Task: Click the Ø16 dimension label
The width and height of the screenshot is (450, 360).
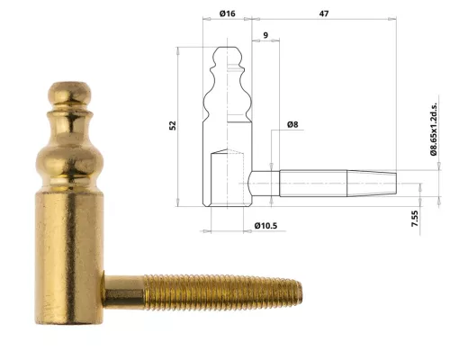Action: click(x=228, y=15)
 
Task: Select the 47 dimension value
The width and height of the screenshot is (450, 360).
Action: click(x=321, y=15)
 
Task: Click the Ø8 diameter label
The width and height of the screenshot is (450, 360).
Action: click(x=292, y=123)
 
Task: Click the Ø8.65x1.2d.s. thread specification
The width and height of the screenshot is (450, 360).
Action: click(x=434, y=130)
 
